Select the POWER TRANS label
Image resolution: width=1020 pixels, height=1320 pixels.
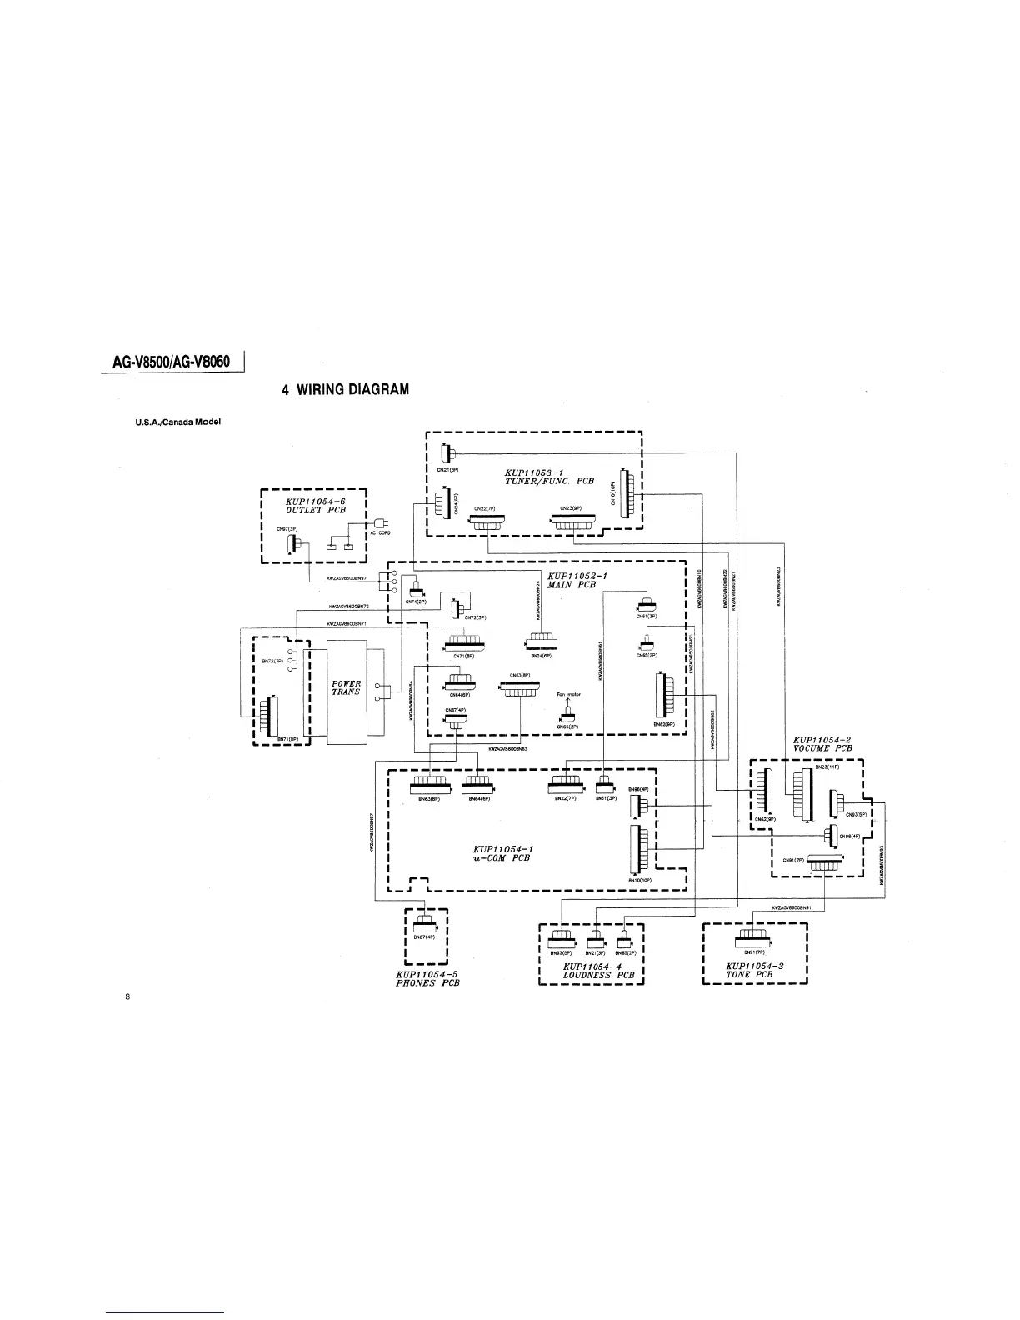tap(346, 687)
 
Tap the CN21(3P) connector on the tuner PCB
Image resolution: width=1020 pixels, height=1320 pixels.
tap(447, 454)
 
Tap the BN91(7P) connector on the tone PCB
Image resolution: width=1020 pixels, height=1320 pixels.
tap(754, 942)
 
